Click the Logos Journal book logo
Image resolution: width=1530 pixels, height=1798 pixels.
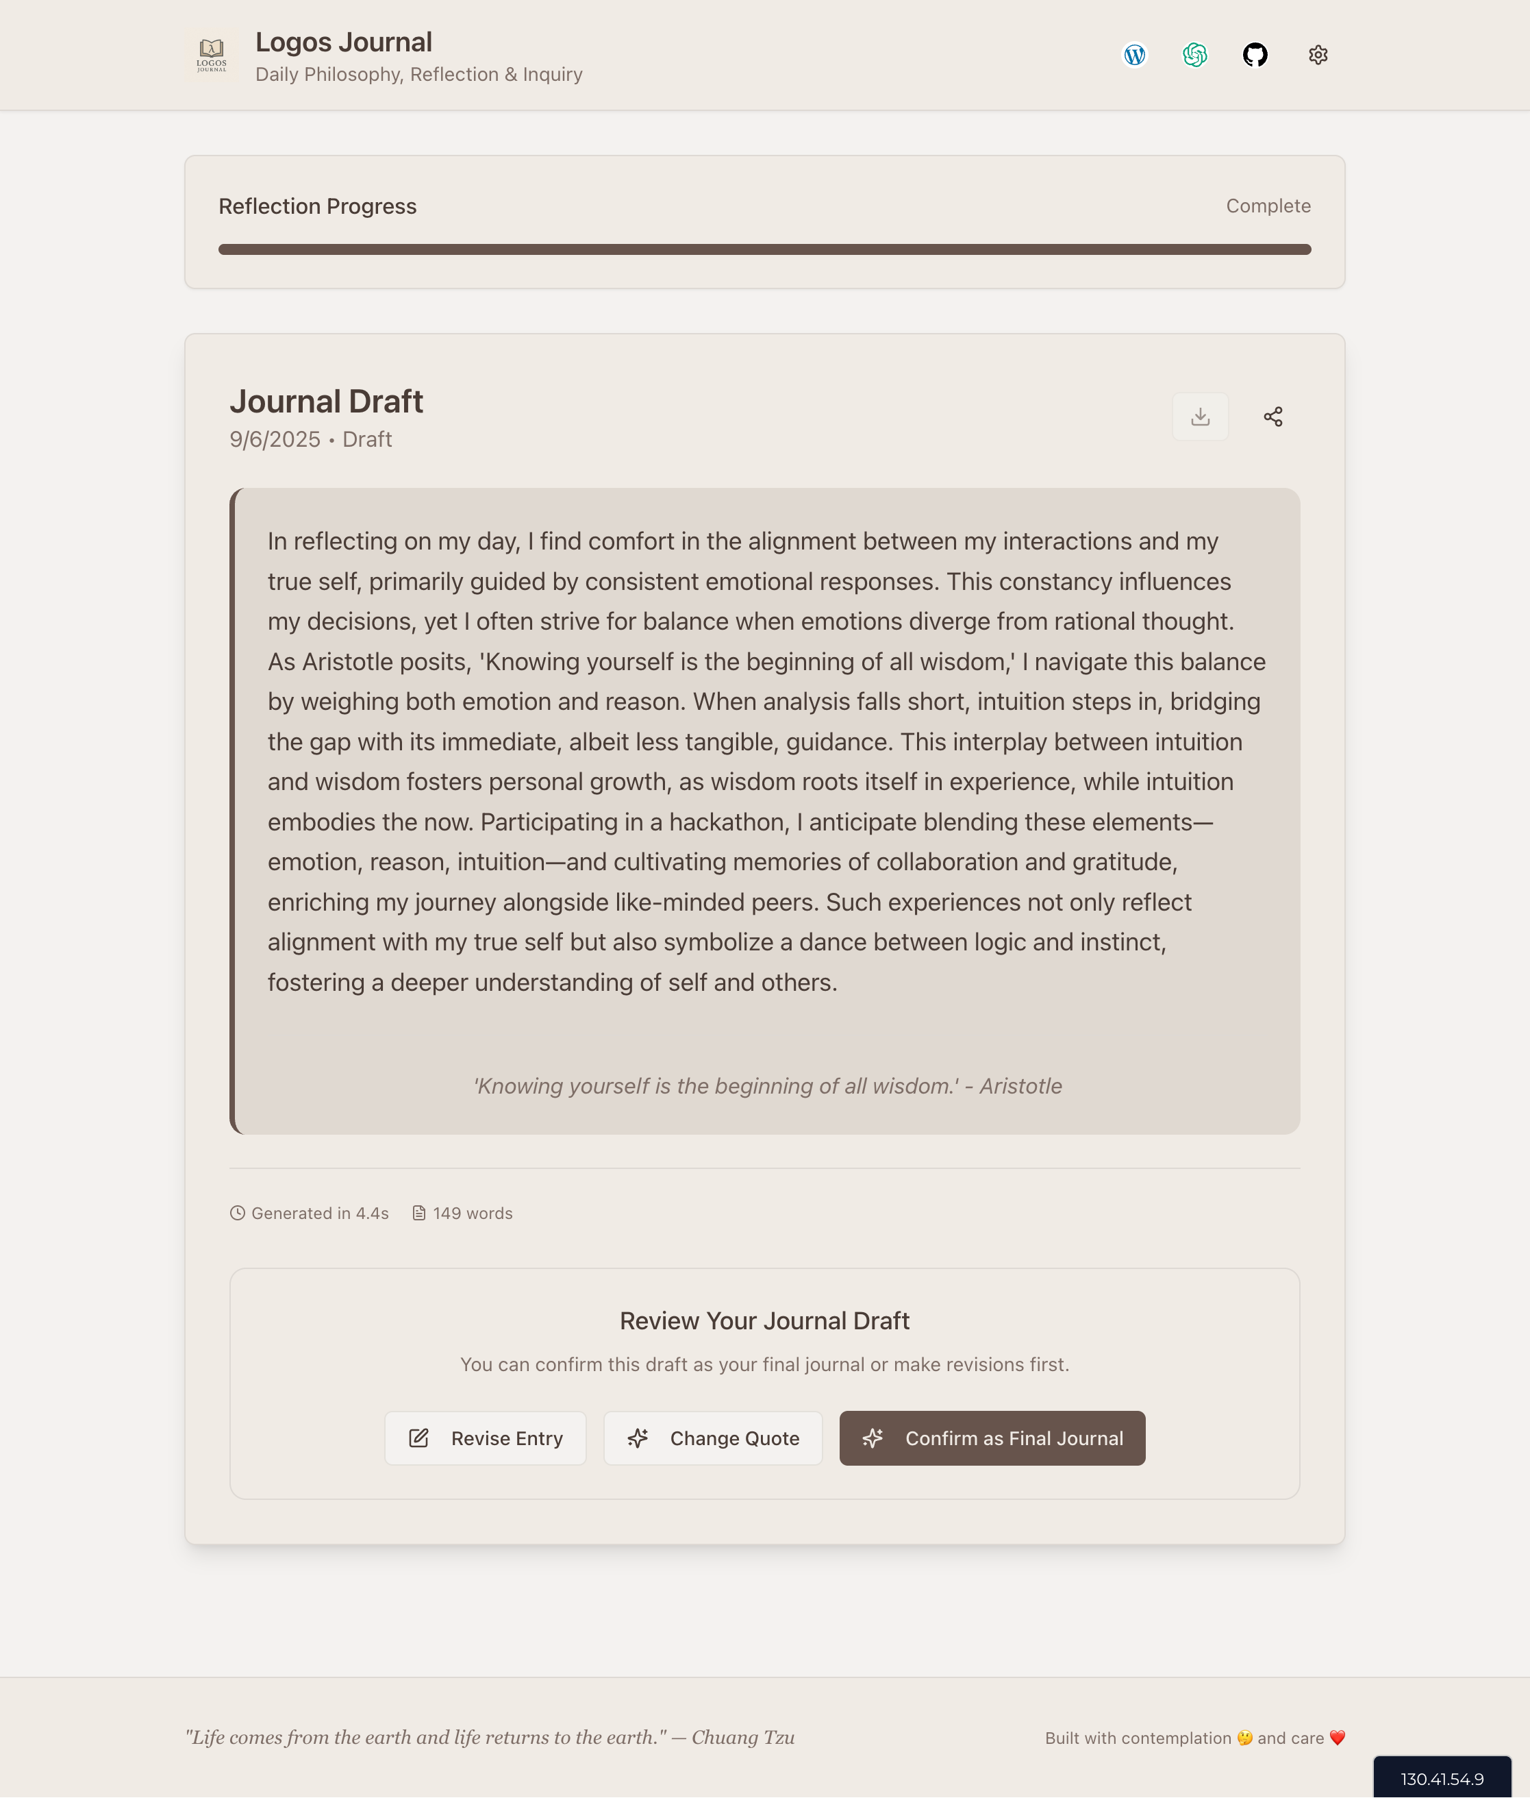212,55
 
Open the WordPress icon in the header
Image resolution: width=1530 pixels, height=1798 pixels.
1135,55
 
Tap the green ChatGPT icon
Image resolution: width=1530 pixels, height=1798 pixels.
1194,55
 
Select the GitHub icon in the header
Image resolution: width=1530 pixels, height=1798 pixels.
1255,55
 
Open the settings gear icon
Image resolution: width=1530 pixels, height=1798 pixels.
1318,55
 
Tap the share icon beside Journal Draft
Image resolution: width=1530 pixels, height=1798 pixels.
1272,417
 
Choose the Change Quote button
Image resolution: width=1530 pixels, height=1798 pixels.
713,1438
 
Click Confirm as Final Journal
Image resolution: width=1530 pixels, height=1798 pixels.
992,1438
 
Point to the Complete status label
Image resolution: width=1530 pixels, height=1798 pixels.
1267,206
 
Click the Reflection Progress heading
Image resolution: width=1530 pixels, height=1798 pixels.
318,206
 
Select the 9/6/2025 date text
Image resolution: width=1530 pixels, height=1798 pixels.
275,439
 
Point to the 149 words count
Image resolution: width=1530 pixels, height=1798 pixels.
472,1213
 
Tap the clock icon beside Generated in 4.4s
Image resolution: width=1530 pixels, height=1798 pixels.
238,1213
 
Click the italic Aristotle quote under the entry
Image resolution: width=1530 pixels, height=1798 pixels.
767,1085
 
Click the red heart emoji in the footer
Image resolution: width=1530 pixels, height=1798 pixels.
1337,1737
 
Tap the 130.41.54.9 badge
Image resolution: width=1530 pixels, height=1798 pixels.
1442,1779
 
